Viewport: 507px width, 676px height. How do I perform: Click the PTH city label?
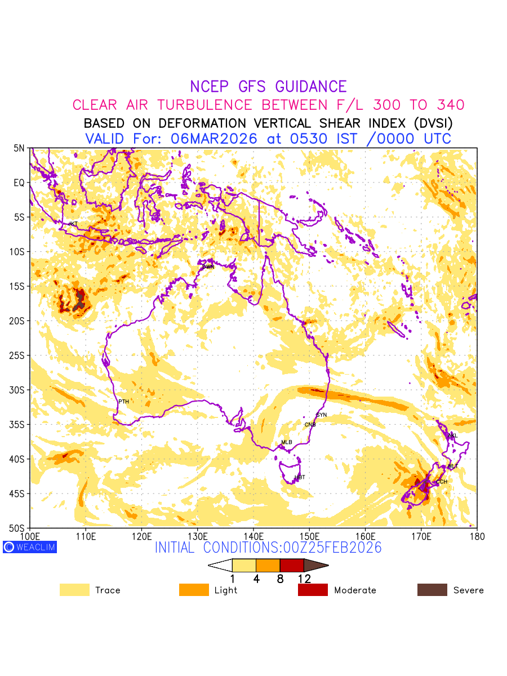[x=124, y=402]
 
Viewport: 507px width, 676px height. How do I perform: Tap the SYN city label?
[x=321, y=415]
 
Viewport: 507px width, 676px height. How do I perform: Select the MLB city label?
[x=287, y=442]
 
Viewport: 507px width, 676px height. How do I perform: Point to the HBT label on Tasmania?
[x=300, y=477]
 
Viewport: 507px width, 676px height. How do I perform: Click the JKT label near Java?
[x=73, y=224]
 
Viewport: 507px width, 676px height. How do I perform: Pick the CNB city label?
[x=310, y=425]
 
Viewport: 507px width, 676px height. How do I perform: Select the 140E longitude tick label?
[x=253, y=536]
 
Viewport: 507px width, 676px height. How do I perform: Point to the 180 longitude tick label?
[x=477, y=536]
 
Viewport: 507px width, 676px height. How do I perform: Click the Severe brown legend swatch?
[x=432, y=590]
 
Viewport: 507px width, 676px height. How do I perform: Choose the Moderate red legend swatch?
[x=313, y=590]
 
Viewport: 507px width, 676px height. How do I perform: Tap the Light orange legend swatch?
[x=194, y=590]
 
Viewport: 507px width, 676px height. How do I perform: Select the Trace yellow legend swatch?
[x=74, y=590]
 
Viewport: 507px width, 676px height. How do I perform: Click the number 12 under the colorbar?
[x=304, y=578]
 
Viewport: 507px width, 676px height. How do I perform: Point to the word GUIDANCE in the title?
[x=311, y=87]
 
